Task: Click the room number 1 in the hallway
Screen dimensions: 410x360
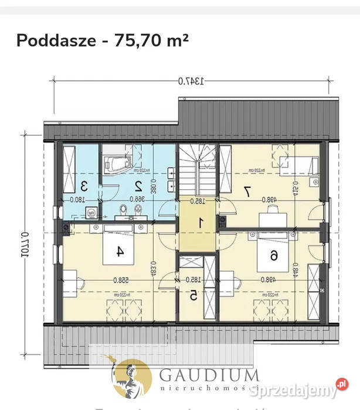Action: pos(199,223)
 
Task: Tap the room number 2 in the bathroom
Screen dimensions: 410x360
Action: pos(139,186)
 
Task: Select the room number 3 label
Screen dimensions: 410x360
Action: pos(84,186)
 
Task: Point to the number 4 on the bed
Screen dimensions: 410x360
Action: pos(120,251)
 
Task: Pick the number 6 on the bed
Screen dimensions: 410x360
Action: pos(274,255)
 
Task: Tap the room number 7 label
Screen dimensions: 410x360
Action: pos(247,190)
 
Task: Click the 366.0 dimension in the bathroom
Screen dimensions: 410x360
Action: pos(137,199)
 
